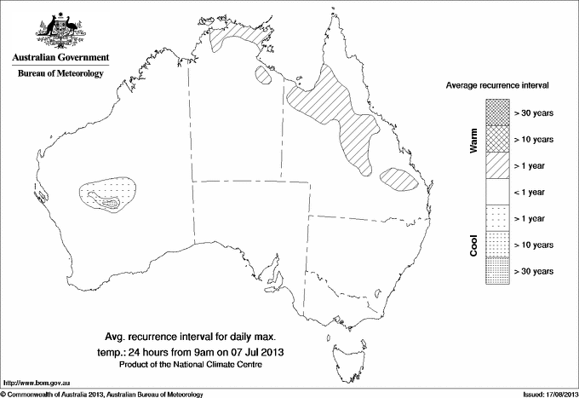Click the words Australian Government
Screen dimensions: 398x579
coord(60,58)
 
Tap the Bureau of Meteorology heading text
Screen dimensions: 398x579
coord(60,74)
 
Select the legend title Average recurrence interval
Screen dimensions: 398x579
coord(502,87)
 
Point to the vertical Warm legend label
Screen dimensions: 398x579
coord(473,141)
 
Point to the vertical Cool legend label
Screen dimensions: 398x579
coord(473,245)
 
